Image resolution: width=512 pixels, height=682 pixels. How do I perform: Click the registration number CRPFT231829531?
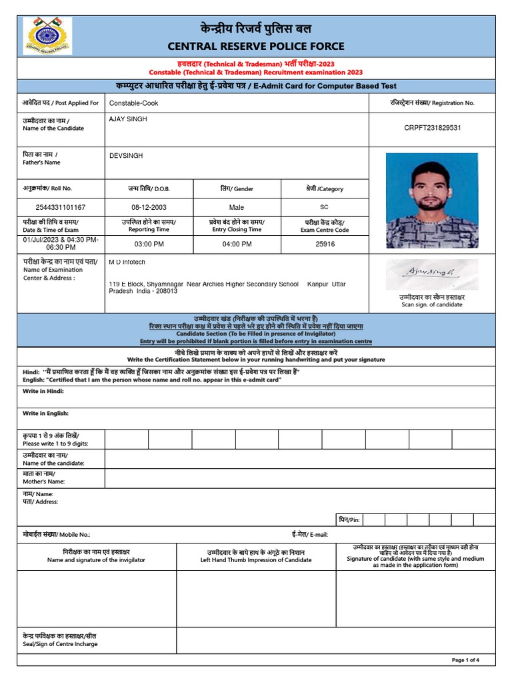(433, 127)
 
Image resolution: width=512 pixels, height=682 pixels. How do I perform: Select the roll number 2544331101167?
(61, 207)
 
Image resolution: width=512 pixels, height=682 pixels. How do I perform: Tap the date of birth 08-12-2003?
(149, 207)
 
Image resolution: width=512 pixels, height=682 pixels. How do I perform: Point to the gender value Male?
(237, 207)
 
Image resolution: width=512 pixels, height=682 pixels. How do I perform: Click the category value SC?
(325, 207)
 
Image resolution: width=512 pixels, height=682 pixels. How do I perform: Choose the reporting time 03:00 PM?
(149, 244)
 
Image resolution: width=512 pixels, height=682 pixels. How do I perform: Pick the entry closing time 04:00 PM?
(237, 244)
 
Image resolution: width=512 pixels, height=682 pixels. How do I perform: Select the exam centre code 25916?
(325, 244)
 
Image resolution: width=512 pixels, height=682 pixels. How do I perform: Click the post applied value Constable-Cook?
(134, 103)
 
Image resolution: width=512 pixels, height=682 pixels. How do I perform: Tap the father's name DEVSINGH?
(126, 156)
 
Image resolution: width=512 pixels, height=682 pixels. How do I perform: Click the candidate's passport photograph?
(432, 200)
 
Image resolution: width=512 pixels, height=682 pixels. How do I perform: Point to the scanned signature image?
(431, 274)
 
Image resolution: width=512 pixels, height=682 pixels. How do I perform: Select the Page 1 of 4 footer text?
(465, 660)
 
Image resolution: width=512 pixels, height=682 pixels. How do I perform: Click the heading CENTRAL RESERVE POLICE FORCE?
(255, 46)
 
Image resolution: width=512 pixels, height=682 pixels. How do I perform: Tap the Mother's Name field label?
(44, 477)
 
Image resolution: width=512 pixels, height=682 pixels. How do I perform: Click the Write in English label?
(45, 413)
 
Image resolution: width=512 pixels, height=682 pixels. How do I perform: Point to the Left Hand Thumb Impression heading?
(255, 556)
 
